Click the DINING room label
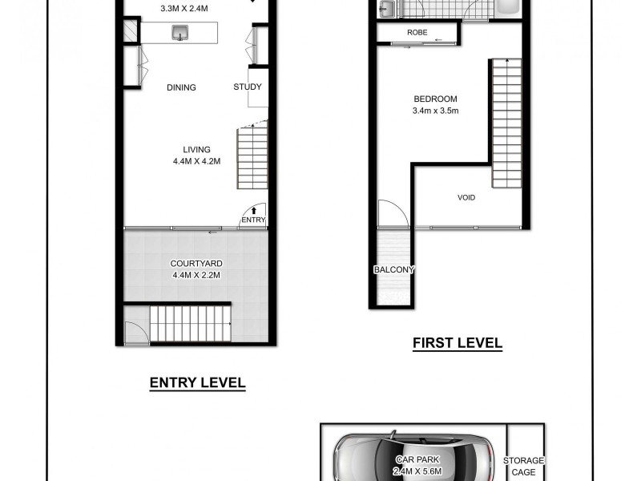click(181, 88)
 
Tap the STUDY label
click(248, 87)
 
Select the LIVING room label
click(196, 149)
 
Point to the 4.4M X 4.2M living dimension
click(196, 161)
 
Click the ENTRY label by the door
click(252, 220)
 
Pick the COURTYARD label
click(196, 264)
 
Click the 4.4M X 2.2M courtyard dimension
click(196, 276)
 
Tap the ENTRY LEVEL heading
click(197, 383)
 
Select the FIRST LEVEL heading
click(457, 343)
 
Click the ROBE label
click(417, 33)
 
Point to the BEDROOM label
click(434, 99)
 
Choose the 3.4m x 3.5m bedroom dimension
click(434, 111)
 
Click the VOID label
click(466, 197)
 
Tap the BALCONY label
click(393, 269)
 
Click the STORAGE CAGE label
click(523, 466)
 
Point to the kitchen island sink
click(180, 32)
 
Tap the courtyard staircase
click(191, 324)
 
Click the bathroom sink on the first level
click(386, 10)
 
